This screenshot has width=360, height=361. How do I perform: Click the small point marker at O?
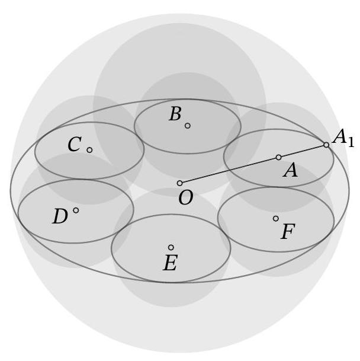[x=180, y=183]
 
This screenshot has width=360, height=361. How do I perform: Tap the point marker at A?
[x=278, y=157]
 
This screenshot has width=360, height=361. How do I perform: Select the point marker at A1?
[x=326, y=145]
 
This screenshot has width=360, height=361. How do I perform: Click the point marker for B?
[x=188, y=126]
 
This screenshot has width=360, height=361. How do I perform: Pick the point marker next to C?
[x=89, y=150]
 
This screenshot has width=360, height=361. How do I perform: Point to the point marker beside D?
[x=76, y=210]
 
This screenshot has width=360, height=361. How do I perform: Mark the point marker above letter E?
[x=171, y=247]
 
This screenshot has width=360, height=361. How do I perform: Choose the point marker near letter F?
[x=275, y=219]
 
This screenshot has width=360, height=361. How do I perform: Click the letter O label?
[x=185, y=199]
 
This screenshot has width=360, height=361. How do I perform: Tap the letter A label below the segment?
[x=290, y=171]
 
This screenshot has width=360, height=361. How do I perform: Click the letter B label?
[x=175, y=114]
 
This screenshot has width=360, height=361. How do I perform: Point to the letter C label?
[x=74, y=145]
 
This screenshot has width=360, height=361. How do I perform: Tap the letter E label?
[x=170, y=263]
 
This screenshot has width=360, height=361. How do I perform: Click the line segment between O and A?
[x=229, y=170]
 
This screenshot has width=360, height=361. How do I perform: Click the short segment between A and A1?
[x=303, y=151]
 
